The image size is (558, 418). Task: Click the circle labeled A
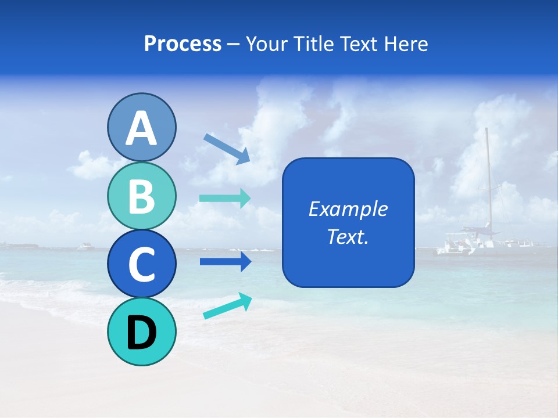(x=141, y=127)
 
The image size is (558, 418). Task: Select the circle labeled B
(x=141, y=196)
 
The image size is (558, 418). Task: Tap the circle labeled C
(x=141, y=264)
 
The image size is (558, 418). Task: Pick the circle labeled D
(x=141, y=331)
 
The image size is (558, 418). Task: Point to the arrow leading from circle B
(x=225, y=198)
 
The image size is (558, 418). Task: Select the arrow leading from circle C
(x=225, y=261)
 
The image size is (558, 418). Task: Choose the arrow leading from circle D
(x=227, y=306)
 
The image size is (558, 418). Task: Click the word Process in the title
(x=183, y=44)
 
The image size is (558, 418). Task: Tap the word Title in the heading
(x=313, y=44)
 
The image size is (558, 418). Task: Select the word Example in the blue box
(x=348, y=209)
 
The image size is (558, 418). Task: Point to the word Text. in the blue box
(x=348, y=236)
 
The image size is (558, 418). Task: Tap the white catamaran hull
(x=465, y=247)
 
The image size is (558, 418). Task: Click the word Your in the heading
(x=267, y=44)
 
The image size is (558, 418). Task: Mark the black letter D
(x=141, y=333)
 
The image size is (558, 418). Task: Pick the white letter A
(x=141, y=128)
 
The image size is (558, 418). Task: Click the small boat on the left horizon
(x=85, y=246)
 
